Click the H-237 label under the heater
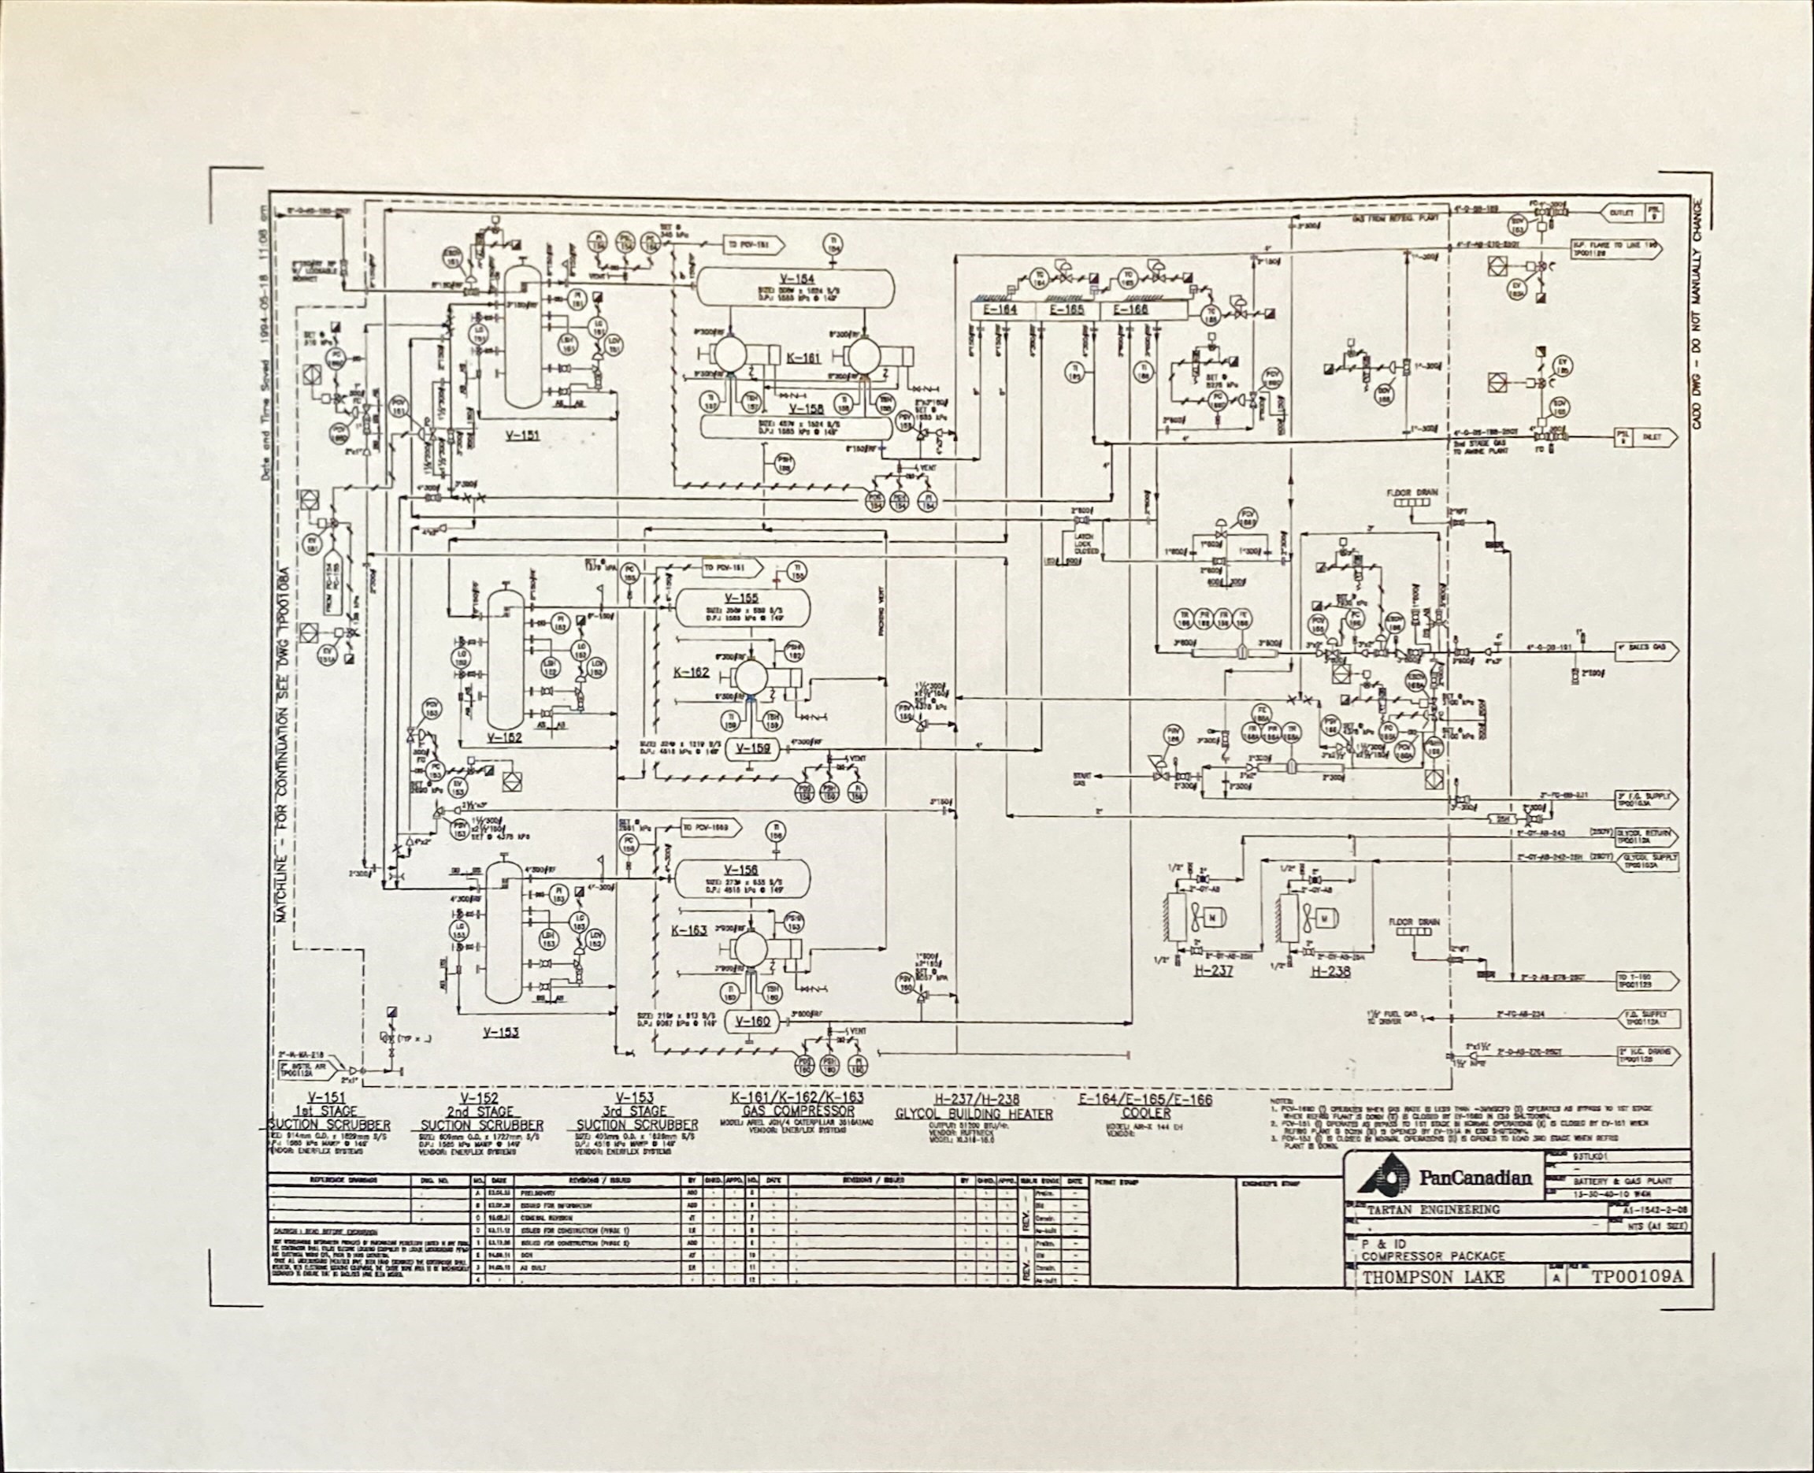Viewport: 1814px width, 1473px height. click(1212, 970)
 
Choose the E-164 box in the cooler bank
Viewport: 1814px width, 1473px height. click(1000, 310)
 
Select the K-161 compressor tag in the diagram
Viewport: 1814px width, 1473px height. click(803, 358)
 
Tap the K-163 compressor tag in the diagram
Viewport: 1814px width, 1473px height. click(689, 930)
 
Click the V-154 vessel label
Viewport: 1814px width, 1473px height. click(798, 279)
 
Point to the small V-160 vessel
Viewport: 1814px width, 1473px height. click(751, 1021)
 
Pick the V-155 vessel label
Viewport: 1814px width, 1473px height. click(740, 598)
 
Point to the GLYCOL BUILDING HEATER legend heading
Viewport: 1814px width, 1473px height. click(974, 1113)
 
